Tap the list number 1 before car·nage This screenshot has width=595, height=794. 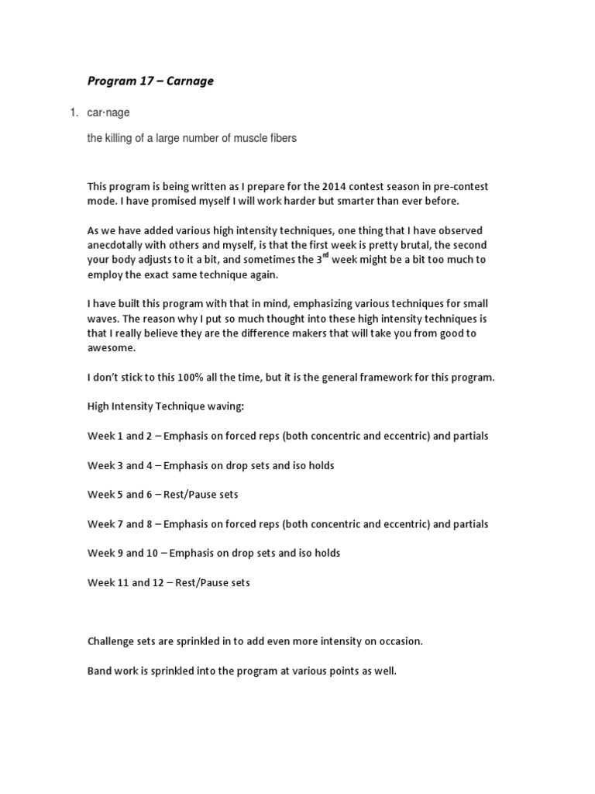click(x=74, y=112)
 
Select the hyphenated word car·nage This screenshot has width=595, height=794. click(x=108, y=112)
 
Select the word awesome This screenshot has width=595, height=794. click(x=113, y=348)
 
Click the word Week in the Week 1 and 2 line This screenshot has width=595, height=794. click(x=101, y=437)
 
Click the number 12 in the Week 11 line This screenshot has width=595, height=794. click(x=160, y=583)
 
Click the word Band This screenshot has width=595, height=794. click(x=101, y=671)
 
